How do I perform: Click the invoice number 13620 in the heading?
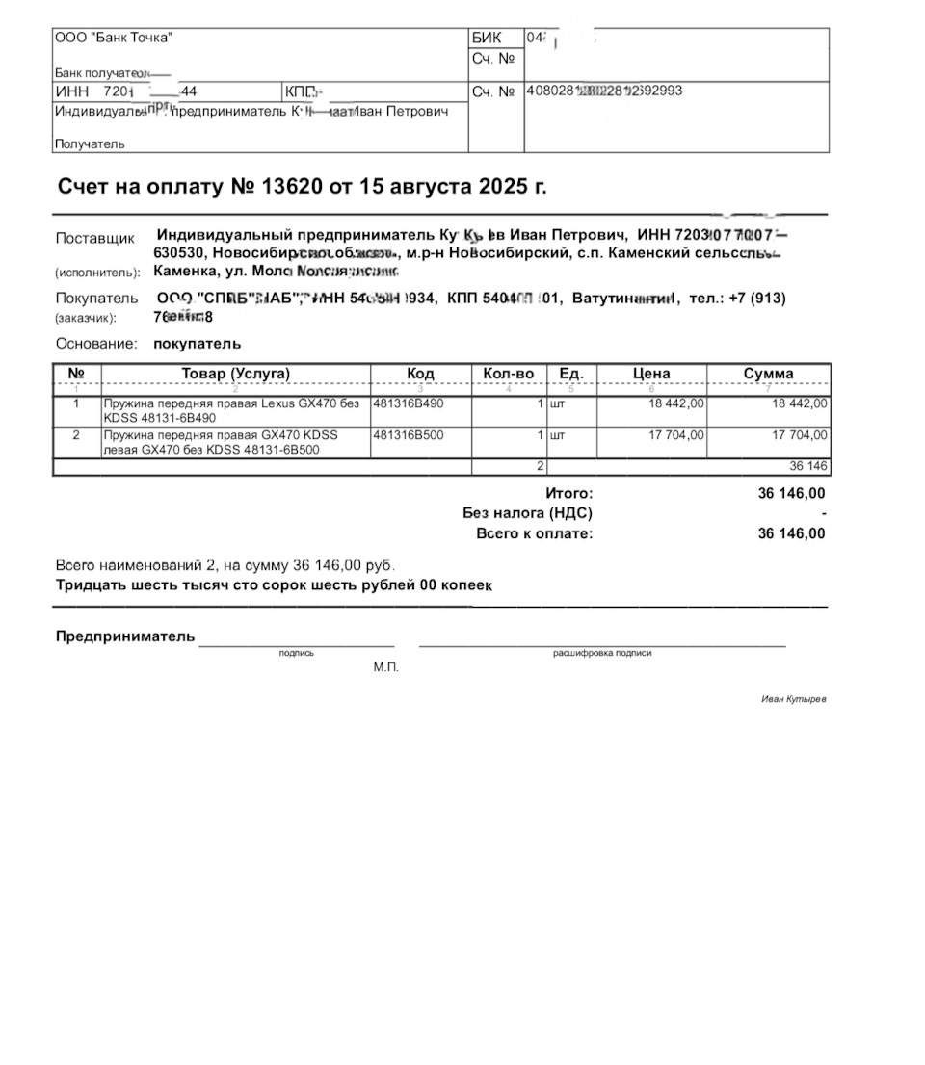(292, 186)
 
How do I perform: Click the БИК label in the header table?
(487, 39)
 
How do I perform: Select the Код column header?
(421, 374)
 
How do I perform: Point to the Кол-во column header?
(508, 374)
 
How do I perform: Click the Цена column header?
(651, 374)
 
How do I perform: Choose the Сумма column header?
(768, 374)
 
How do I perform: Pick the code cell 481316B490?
(409, 403)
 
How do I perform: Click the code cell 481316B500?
(409, 435)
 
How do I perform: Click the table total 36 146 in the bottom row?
(808, 466)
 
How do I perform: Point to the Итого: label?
(568, 493)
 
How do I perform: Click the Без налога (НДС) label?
(527, 513)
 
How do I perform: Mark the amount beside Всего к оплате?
(791, 533)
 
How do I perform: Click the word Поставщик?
(95, 239)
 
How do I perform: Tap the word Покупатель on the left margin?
(96, 299)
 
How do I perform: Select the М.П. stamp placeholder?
(385, 667)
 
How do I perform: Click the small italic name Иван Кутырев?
(793, 699)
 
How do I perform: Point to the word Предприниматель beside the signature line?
(125, 636)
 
